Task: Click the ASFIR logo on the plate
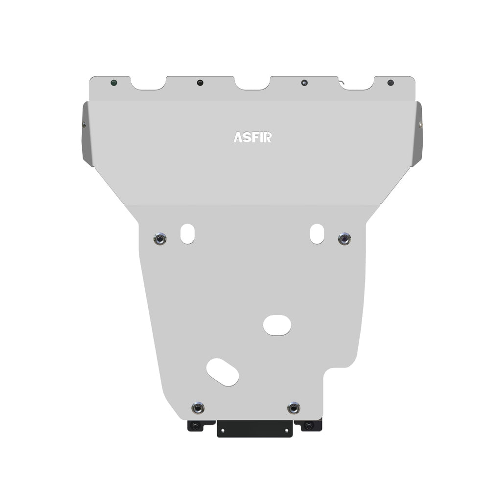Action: (252, 137)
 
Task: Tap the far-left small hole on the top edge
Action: (114, 82)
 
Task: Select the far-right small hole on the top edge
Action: (390, 82)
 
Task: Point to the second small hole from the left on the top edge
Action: (200, 83)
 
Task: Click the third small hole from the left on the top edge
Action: (304, 83)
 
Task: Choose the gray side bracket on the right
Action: (416, 133)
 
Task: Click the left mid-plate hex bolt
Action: (159, 239)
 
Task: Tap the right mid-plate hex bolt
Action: (344, 239)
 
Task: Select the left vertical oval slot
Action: (187, 233)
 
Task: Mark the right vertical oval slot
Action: (317, 233)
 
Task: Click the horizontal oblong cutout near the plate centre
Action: (277, 325)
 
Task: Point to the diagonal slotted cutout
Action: (223, 372)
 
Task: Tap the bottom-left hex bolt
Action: (198, 408)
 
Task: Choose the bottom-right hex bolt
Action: (294, 407)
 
